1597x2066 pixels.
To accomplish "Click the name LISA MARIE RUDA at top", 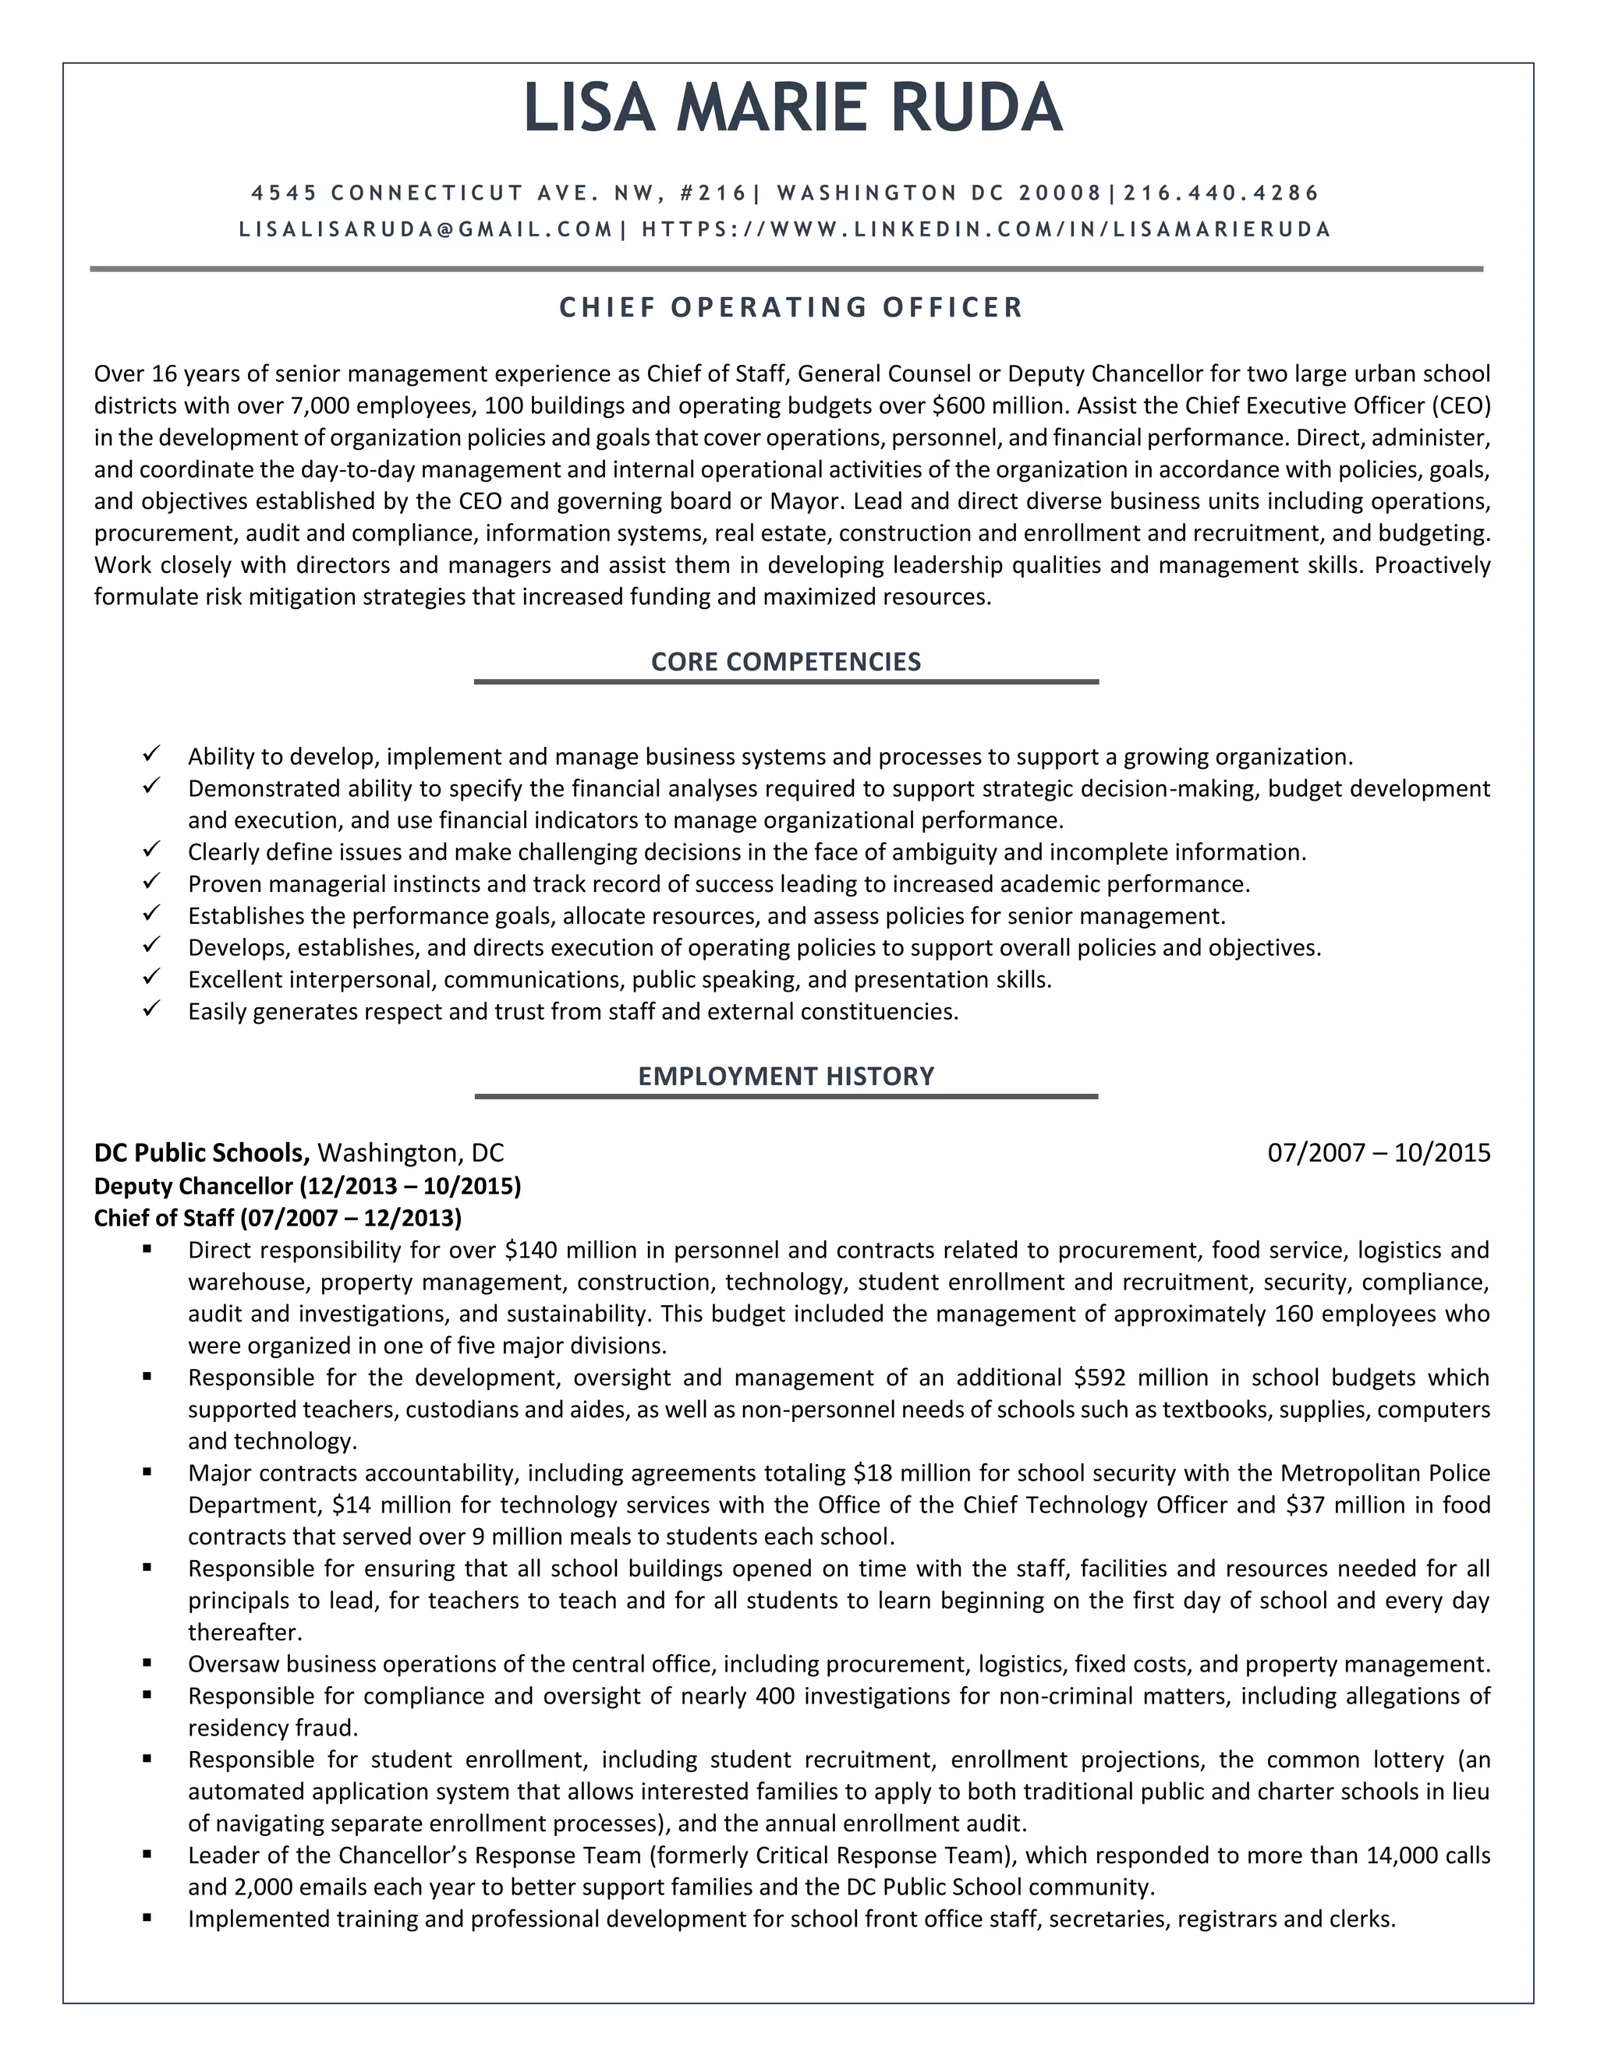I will coord(793,108).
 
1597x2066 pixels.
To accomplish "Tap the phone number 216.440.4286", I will coord(1220,193).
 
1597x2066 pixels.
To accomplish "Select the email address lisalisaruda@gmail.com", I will coord(426,229).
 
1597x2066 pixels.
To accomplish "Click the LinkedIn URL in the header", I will coord(986,229).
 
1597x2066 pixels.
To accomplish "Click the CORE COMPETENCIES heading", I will coord(785,661).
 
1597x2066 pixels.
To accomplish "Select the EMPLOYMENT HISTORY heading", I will coord(785,1076).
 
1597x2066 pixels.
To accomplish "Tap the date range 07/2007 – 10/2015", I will coord(1379,1152).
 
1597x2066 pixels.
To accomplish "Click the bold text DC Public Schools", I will coord(201,1152).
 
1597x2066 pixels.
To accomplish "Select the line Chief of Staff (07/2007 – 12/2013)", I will coord(277,1218).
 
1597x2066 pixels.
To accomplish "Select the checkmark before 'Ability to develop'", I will coord(151,754).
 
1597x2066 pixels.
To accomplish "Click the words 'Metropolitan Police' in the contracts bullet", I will coord(1385,1473).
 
